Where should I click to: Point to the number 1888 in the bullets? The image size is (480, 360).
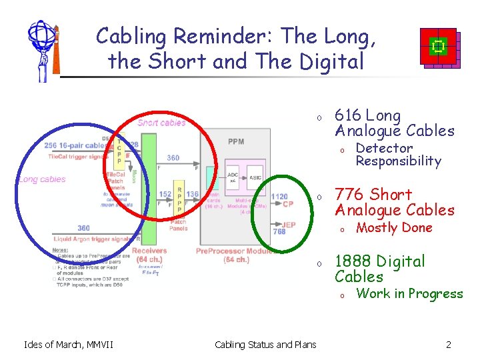coord(353,261)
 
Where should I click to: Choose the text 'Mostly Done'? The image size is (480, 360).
coord(394,228)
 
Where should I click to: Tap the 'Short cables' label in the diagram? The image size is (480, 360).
coord(162,122)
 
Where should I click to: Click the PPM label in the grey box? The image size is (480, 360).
coord(236,141)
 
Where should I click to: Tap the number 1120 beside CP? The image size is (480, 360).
coord(279,197)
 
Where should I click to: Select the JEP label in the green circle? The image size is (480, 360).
coord(288,225)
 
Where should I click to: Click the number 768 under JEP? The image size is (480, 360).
coord(279,232)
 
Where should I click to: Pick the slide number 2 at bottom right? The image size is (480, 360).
coord(449,345)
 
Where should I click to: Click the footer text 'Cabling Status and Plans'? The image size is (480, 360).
coord(265,345)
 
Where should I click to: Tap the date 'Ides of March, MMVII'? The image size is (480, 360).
coord(68,345)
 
